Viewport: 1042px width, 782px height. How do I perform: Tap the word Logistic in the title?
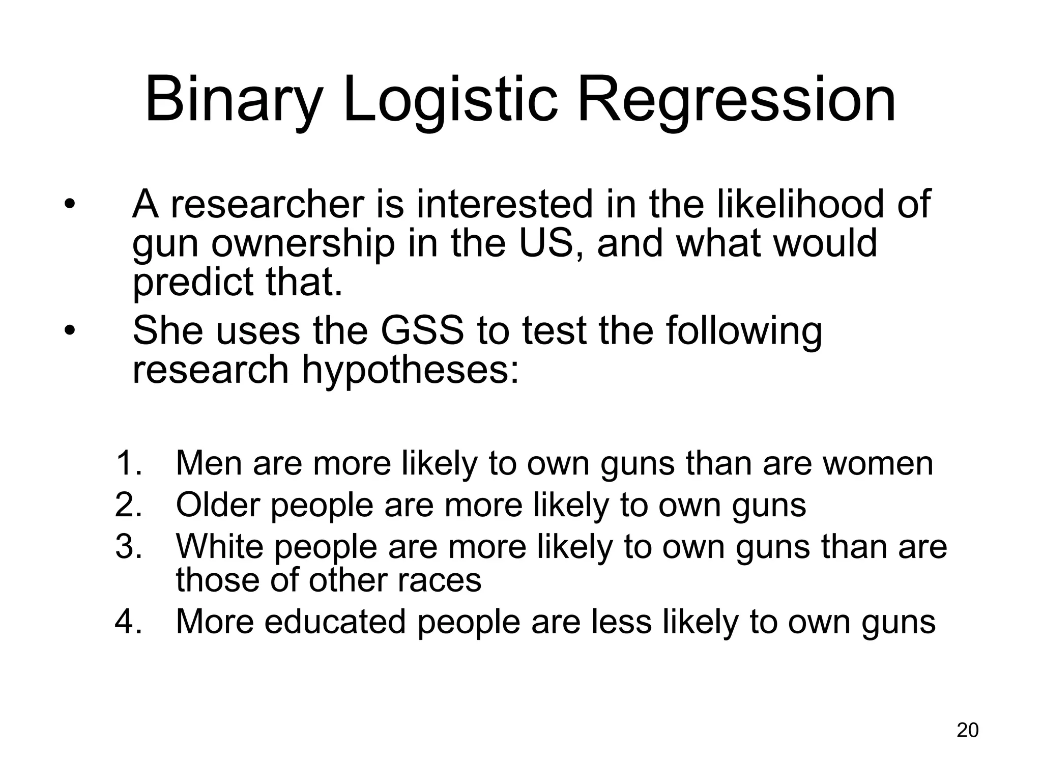[451, 100]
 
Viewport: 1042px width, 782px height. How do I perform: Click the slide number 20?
[967, 730]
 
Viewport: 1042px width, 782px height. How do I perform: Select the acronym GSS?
[422, 331]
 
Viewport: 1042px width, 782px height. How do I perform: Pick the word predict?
[193, 283]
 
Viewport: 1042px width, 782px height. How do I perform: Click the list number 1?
[129, 463]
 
